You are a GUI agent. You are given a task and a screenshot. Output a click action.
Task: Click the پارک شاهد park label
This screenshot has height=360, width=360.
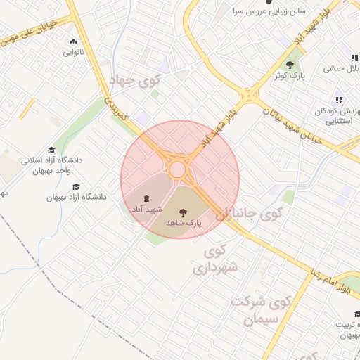pos(184,222)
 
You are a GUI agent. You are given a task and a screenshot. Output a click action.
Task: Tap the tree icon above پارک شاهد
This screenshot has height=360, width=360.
pos(184,210)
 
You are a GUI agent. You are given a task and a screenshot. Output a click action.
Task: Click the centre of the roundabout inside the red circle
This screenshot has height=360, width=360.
pos(177,169)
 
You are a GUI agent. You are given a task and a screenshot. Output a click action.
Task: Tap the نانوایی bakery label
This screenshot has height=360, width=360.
pos(74,53)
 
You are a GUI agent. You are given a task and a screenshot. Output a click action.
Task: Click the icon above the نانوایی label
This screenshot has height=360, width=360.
pos(74,42)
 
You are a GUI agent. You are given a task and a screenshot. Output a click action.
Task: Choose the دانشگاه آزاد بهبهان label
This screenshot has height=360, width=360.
pos(77,198)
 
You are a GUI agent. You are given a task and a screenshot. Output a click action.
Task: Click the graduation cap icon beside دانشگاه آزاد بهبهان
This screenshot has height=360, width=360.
pos(76,186)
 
